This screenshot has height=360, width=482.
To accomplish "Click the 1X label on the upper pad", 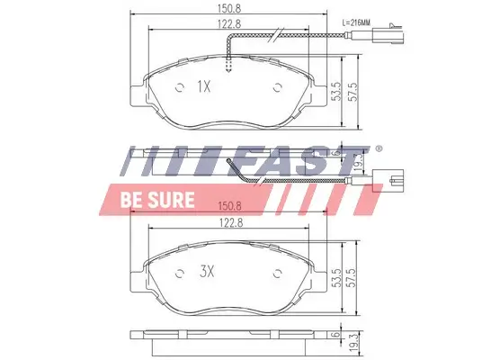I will point(203,87).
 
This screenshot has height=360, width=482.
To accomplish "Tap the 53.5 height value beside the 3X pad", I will point(335,276).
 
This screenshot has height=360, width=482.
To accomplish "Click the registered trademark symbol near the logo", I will point(379,148).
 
